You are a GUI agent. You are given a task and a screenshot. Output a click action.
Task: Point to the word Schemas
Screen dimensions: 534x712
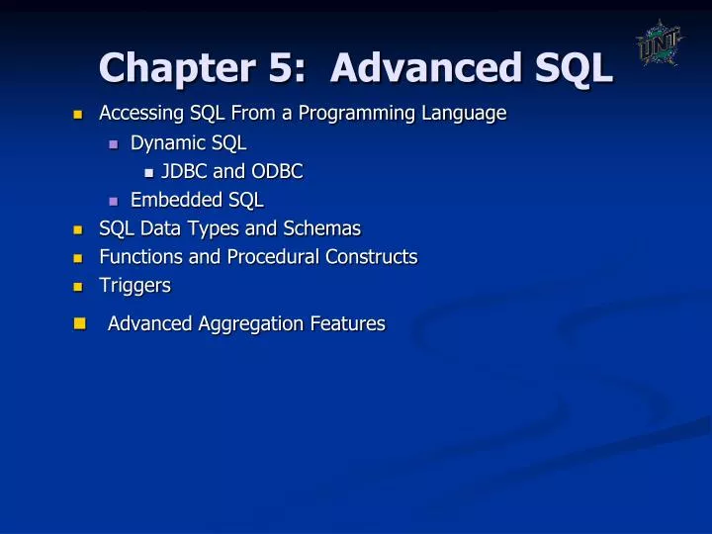[x=322, y=228]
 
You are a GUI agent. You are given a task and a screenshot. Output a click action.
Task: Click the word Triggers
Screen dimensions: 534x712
[x=134, y=286]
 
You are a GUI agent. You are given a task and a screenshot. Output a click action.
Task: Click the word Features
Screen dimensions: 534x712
[x=347, y=323]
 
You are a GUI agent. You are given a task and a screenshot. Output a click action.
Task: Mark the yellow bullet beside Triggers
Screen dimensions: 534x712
[x=79, y=287]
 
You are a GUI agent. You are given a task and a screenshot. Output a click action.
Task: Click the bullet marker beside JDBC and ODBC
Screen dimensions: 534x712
[x=148, y=172]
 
